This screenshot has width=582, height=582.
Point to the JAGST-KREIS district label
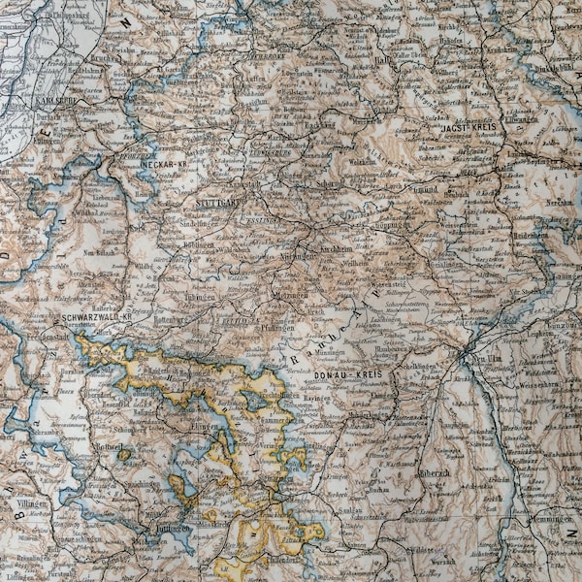click(x=469, y=127)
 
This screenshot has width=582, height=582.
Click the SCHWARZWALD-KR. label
click(x=96, y=316)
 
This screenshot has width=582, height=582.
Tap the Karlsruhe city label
click(x=58, y=100)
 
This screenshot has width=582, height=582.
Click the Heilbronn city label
click(x=264, y=56)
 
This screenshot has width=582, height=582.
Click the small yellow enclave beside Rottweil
click(x=124, y=454)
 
